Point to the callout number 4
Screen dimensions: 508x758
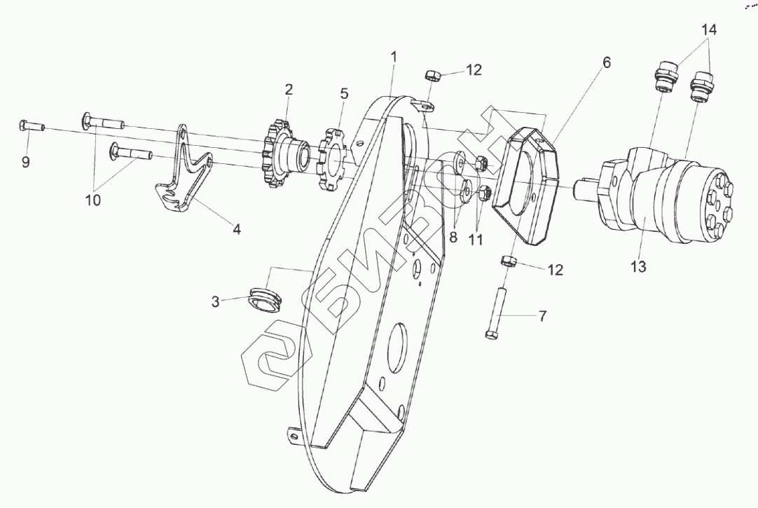tap(237, 229)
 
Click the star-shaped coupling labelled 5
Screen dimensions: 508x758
tap(333, 160)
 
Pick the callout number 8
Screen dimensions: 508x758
tap(454, 237)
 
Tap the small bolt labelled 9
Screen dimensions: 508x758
tap(31, 127)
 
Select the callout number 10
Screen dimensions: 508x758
tap(92, 200)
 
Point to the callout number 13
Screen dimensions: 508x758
tap(638, 266)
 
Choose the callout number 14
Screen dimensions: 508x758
tap(709, 29)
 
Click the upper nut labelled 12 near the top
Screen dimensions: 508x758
tap(432, 75)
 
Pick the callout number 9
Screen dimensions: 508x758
tap(25, 162)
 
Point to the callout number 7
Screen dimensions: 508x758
tap(542, 316)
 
